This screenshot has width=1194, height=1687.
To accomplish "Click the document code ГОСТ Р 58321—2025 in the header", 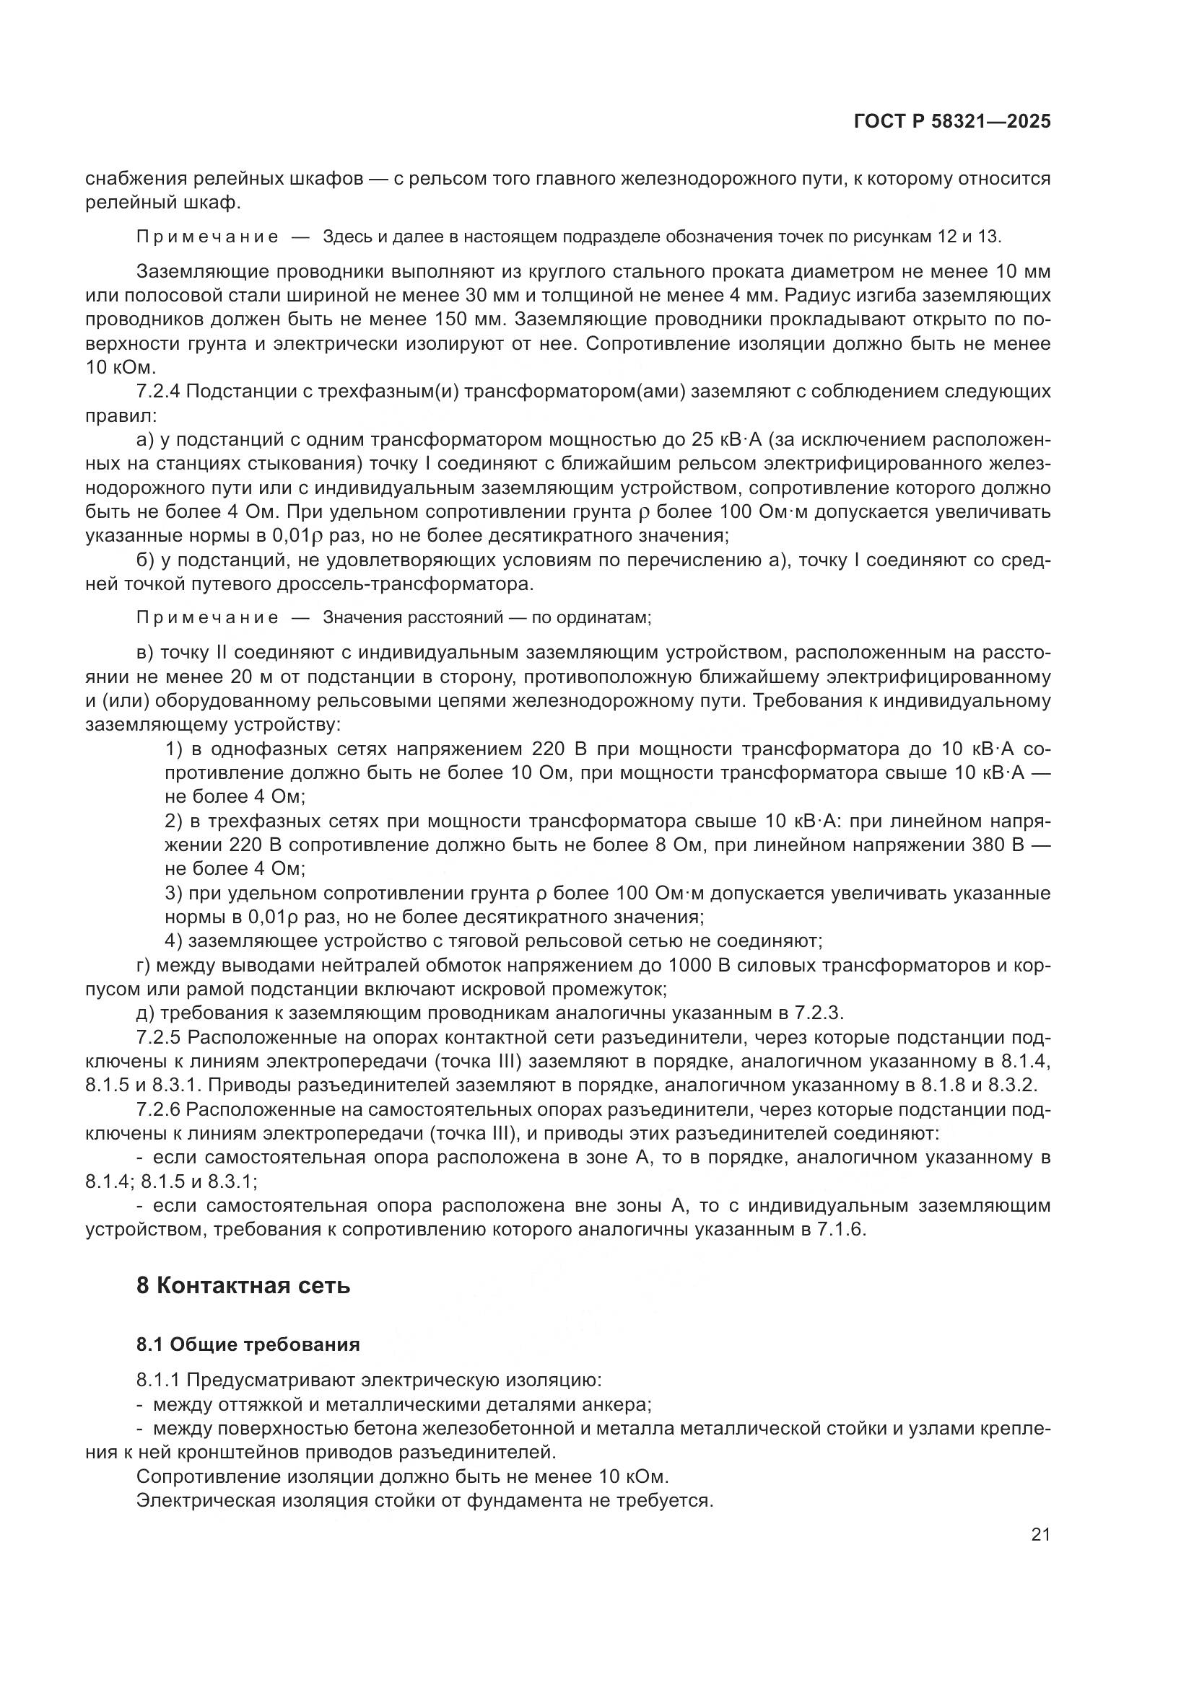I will [x=951, y=122].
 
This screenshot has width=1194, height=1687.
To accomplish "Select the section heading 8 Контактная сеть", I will [x=243, y=1286].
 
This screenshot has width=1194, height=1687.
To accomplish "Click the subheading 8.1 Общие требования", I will [x=248, y=1344].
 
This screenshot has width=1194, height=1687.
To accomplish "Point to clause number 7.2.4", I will [x=158, y=392].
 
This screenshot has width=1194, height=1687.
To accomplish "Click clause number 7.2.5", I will [x=158, y=1037].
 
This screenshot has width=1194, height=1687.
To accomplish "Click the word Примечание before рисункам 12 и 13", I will [x=207, y=237].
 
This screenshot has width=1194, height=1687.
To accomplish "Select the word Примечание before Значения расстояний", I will [x=207, y=617].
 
